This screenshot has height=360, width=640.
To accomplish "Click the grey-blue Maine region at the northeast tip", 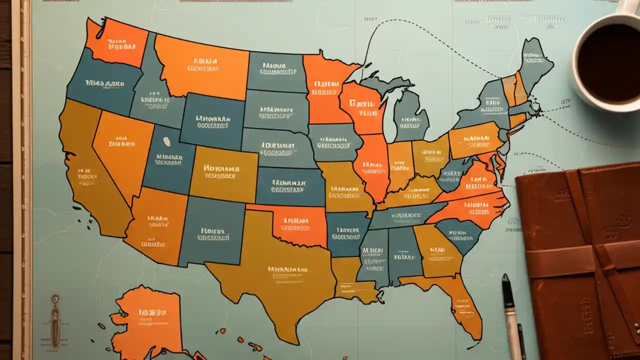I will (x=535, y=62).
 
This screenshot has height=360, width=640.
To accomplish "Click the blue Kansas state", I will (x=290, y=186).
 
